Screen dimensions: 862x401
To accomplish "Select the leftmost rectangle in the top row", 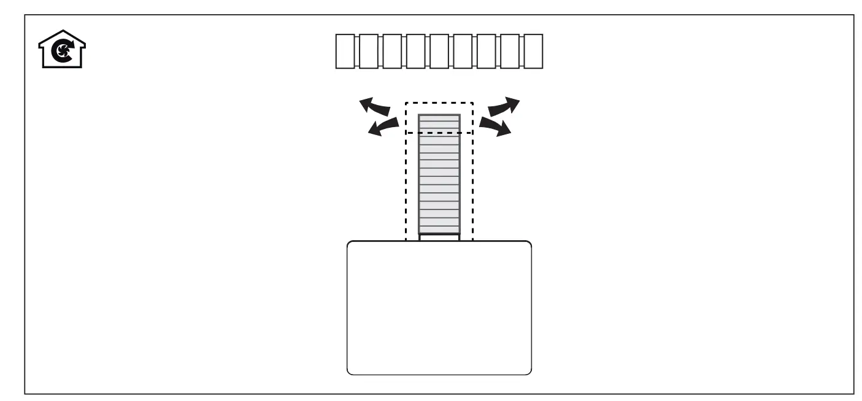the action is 346,52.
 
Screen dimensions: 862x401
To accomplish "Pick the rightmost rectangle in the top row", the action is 534,52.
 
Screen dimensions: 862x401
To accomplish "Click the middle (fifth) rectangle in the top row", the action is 440,52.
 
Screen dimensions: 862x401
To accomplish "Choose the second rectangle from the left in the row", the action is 369,52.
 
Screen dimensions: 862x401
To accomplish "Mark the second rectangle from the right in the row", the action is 510,52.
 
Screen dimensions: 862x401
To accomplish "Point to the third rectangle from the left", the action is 393,52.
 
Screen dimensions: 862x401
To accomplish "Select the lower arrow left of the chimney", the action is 381,128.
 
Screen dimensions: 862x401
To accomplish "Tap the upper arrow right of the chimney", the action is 504,106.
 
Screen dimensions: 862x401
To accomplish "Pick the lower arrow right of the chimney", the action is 496,127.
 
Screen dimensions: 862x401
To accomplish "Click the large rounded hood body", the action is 439,307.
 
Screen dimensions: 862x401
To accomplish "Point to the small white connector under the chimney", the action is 439,238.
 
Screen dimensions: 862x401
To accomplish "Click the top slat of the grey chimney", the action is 439,119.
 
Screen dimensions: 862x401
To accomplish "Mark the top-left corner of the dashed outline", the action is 406,103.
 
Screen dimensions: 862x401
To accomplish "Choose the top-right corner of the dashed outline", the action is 473,103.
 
